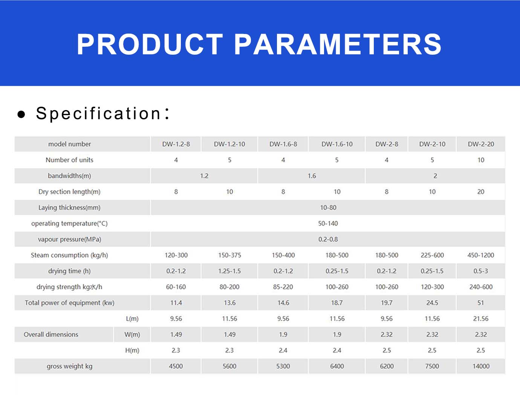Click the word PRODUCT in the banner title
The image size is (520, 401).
[x=150, y=44]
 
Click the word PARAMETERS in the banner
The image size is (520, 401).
[x=338, y=44]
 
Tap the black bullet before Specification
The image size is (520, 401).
[x=21, y=114]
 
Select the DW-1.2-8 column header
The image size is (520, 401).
[x=176, y=144]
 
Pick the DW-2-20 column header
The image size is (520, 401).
[x=481, y=144]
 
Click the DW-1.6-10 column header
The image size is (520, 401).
[x=337, y=144]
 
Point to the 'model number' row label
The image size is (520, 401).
[x=69, y=144]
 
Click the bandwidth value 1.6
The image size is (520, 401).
[x=312, y=176]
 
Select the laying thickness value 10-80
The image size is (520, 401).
[x=328, y=207]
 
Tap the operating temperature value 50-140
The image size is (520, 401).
[x=328, y=223]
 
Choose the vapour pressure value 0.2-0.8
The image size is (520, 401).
[x=328, y=239]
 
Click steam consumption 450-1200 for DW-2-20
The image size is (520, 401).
[x=480, y=255]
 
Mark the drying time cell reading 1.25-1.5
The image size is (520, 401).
[x=229, y=271]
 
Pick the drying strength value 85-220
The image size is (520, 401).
[x=283, y=287]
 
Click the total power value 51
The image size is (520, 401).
[x=480, y=303]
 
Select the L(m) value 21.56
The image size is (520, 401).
[x=480, y=319]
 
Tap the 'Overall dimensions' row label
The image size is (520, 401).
[x=51, y=334]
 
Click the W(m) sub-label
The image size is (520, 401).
[x=132, y=334]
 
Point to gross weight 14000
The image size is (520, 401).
[x=481, y=366]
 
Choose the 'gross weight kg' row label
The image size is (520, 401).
[x=69, y=366]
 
